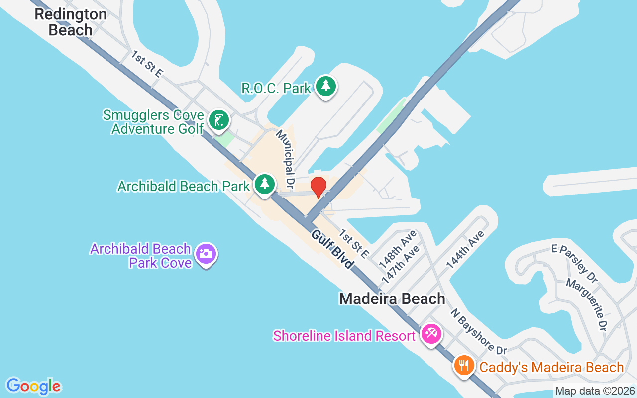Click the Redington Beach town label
(70, 22)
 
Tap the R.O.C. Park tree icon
(325, 87)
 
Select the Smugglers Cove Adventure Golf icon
(218, 120)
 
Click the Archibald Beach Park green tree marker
(265, 184)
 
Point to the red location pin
(318, 188)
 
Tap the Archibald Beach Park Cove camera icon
(205, 254)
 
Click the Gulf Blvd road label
(332, 249)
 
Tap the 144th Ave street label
(465, 250)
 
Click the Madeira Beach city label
(392, 298)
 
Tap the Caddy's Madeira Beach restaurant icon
(464, 366)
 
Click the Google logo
(34, 386)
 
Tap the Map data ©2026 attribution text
(595, 391)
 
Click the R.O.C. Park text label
(276, 88)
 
